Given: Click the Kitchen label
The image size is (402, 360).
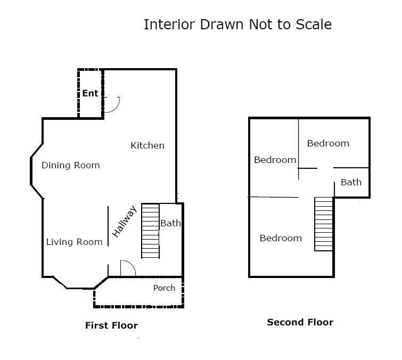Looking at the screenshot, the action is coord(147,145).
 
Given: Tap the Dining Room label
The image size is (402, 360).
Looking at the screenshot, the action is coord(70,165).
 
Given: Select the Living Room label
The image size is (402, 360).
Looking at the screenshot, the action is coord(74,242).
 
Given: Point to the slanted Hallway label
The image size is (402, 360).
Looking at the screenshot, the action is coord(125,222).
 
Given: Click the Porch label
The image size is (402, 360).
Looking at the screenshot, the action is coord(164,288).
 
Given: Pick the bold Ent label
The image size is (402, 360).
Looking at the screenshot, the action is coord(90,93).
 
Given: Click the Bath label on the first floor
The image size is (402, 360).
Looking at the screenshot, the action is coord(170,223).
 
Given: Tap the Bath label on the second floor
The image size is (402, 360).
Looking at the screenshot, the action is coord(351,182).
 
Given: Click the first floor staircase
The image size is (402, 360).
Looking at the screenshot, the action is coord(151,231).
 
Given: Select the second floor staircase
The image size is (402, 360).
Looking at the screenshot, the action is coord(324,224).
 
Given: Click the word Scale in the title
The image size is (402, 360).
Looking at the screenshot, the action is coord(314,24).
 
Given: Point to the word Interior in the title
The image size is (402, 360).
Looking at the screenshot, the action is coord(169,24).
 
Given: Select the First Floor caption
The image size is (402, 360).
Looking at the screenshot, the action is coord(111,325).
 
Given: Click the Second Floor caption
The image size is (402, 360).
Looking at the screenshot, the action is coord(300,322).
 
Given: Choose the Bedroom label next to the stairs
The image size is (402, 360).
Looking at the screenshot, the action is coord(281,238).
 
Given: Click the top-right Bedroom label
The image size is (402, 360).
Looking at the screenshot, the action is coord(328,143).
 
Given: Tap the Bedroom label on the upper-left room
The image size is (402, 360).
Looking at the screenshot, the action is coord(275,160).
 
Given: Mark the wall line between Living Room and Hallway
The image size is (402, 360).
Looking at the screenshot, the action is coord(108,226).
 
